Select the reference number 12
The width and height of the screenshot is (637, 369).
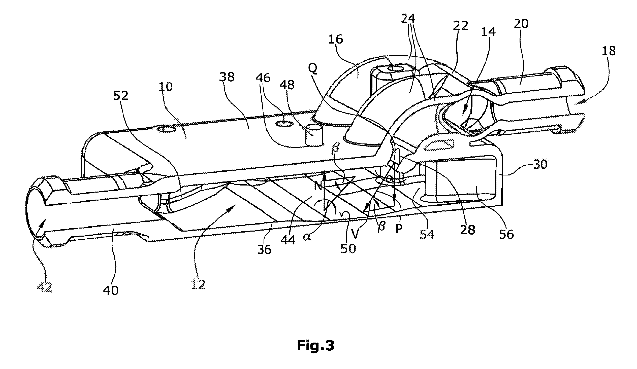click(198, 284)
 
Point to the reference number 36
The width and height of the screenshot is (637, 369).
click(264, 249)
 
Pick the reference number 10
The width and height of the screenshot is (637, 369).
click(166, 87)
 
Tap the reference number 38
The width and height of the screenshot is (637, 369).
click(227, 77)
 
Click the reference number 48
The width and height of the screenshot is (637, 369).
click(287, 85)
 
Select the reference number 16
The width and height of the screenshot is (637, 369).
click(336, 39)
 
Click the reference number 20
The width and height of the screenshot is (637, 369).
click(521, 24)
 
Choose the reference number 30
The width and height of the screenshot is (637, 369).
click(540, 164)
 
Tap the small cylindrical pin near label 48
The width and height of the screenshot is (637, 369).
click(314, 135)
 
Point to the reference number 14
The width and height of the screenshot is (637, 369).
click(488, 32)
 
